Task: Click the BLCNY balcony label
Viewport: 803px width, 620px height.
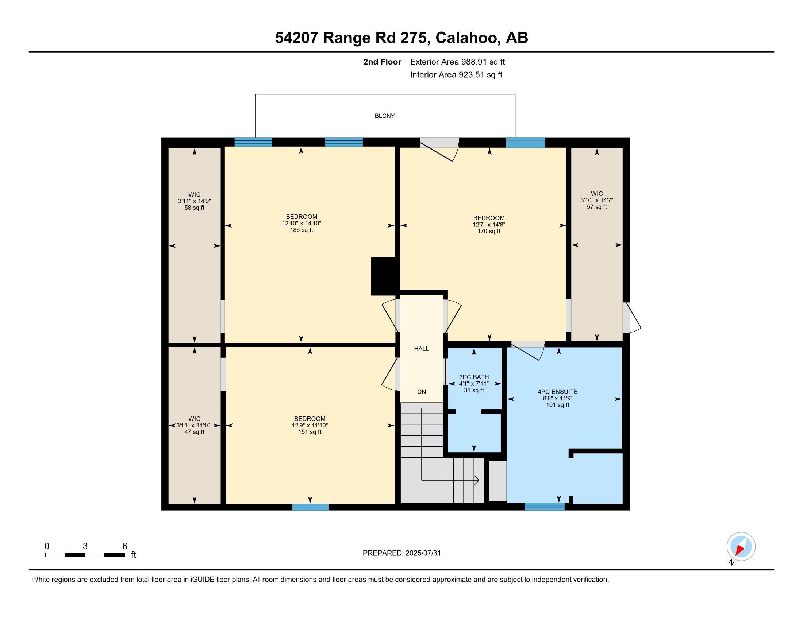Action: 385,116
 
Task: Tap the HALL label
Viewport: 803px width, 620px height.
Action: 421,349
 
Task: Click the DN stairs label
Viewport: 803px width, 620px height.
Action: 421,392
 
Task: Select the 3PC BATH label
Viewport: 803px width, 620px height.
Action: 474,377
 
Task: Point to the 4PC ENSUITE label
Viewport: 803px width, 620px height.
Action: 557,392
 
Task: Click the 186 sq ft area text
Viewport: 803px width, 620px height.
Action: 301,230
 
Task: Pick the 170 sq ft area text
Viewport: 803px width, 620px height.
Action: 489,231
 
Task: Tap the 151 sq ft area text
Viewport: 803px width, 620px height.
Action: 310,432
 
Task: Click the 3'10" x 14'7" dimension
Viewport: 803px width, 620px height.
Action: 597,200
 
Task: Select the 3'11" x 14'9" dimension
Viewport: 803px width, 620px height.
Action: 194,201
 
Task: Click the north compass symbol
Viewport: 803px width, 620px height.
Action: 741,547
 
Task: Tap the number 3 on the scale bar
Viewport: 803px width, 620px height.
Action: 85,546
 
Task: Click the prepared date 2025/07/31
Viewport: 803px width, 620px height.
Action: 423,553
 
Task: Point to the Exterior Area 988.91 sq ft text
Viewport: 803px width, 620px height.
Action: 457,62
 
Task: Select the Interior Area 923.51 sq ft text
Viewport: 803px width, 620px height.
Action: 456,75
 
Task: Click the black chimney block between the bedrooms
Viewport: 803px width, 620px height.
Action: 385,276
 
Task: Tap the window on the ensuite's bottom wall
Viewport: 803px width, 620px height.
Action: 545,507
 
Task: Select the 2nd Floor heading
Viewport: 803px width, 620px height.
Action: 382,62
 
